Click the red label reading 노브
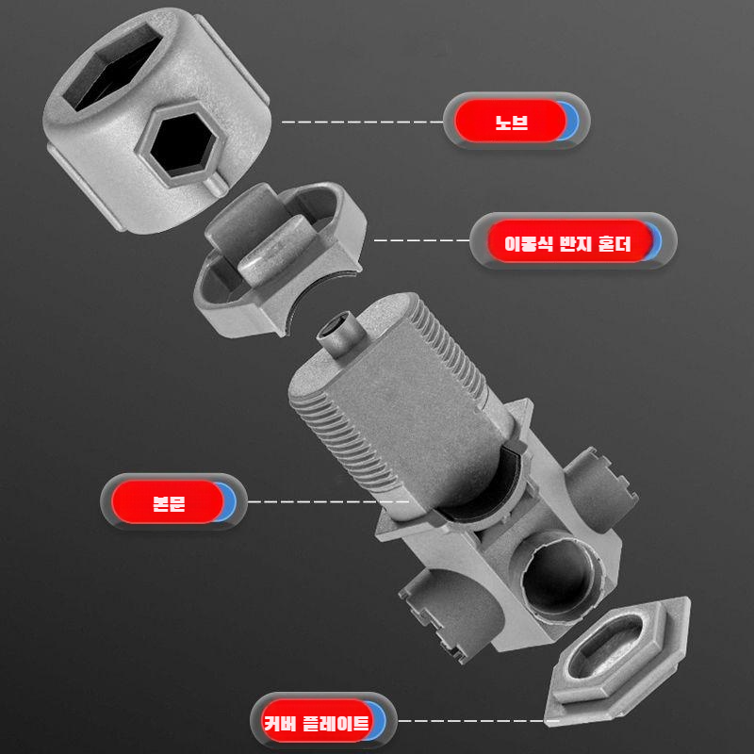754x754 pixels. pos(511,121)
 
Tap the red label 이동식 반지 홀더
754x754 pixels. pos(567,241)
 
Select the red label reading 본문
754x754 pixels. pos(168,501)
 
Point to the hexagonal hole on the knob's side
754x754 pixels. pos(181,144)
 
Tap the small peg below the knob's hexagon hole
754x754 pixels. pos(214,186)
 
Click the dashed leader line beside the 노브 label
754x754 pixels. pos(362,123)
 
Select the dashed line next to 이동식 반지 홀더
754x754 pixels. pos(421,240)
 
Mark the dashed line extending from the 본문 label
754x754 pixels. pos(328,501)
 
